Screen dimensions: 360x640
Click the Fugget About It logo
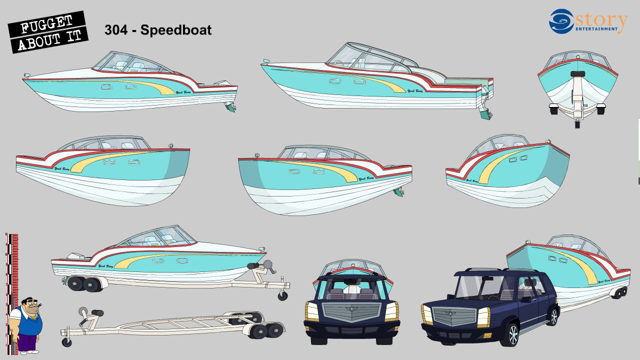click(48, 32)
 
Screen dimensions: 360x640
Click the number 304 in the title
click(115, 30)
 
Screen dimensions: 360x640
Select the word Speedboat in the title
click(176, 30)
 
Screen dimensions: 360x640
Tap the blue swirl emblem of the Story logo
click(561, 21)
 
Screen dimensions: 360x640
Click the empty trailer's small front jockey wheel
click(66, 342)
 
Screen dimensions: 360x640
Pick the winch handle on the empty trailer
click(83, 314)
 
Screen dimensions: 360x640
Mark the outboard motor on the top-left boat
click(230, 107)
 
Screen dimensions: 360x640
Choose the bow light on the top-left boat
click(26, 76)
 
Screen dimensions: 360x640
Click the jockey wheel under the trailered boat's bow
click(283, 295)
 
